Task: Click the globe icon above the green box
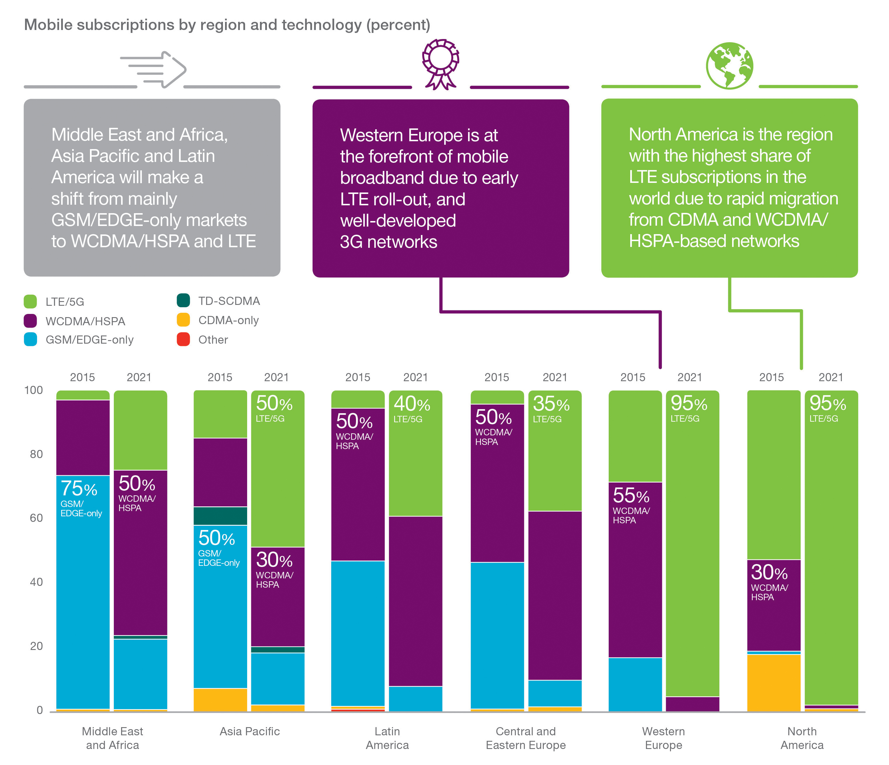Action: coord(729,66)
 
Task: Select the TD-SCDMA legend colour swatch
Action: coord(183,301)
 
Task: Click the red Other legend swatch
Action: coord(183,339)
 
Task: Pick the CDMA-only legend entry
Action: coord(228,320)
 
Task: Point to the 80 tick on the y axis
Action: coord(36,454)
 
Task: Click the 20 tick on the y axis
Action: coord(36,646)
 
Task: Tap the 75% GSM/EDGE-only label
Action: coord(81,498)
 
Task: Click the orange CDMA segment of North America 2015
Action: coord(774,683)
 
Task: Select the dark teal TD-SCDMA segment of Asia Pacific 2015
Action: coord(220,516)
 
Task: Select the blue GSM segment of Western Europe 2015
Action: coord(635,684)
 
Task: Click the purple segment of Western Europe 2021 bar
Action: coord(692,704)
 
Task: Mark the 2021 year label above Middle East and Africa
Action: coord(139,377)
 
